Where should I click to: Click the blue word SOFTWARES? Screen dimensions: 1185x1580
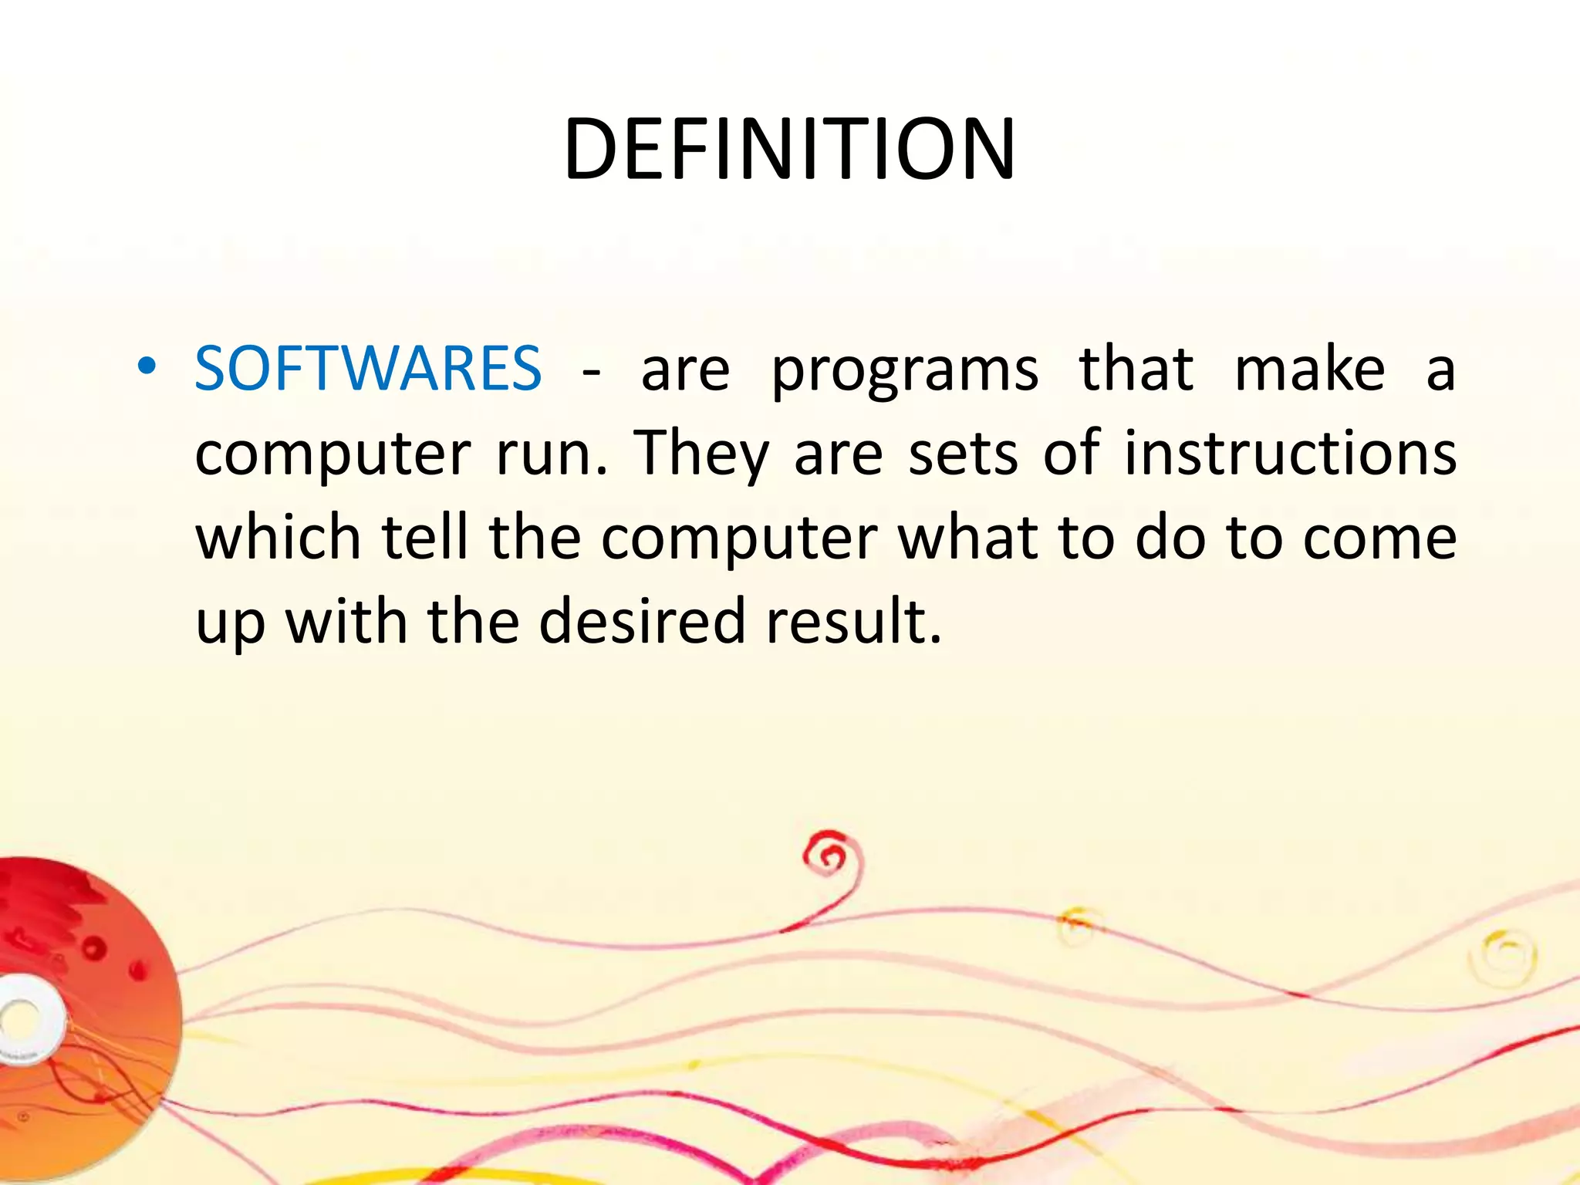(368, 369)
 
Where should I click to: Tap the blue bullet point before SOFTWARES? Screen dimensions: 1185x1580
(147, 367)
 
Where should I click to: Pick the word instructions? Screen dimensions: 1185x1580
(1290, 453)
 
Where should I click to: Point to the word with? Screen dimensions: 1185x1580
(346, 621)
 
